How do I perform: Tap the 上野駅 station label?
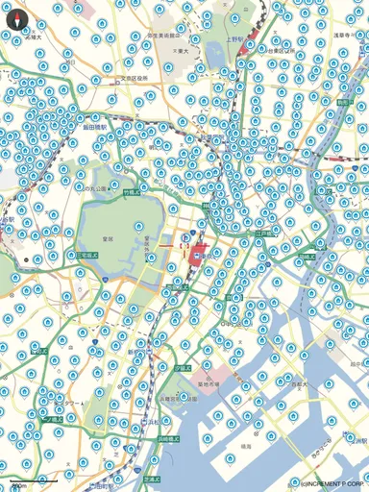pos(234,40)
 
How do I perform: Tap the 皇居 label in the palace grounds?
pos(109,237)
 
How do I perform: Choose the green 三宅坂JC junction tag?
pos(86,254)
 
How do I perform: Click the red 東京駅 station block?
pos(199,256)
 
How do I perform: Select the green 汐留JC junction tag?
pos(182,366)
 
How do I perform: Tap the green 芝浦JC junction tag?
pos(152,478)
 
